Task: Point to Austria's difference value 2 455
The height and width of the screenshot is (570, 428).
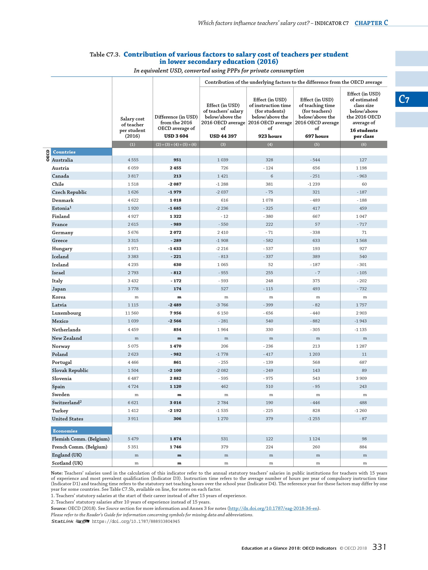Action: [x=175, y=168]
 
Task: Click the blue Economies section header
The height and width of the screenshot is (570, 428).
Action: [x=65, y=431]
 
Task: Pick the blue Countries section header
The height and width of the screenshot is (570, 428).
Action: [x=64, y=152]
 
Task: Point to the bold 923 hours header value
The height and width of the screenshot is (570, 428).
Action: [x=270, y=136]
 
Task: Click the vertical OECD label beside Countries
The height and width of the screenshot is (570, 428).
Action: [x=47, y=156]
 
